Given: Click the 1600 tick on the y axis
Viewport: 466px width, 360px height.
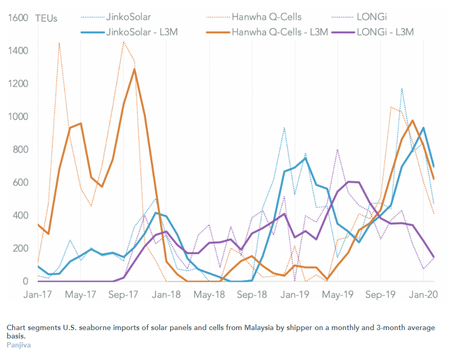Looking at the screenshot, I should pyautogui.click(x=18, y=18).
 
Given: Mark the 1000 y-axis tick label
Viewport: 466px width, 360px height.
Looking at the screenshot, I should pyautogui.click(x=18, y=117).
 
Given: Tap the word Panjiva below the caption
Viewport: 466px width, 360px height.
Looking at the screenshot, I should pyautogui.click(x=18, y=345).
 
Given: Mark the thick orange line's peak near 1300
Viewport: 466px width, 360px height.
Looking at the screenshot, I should pyautogui.click(x=135, y=69).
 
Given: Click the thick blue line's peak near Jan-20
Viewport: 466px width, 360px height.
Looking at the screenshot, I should pyautogui.click(x=423, y=128).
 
